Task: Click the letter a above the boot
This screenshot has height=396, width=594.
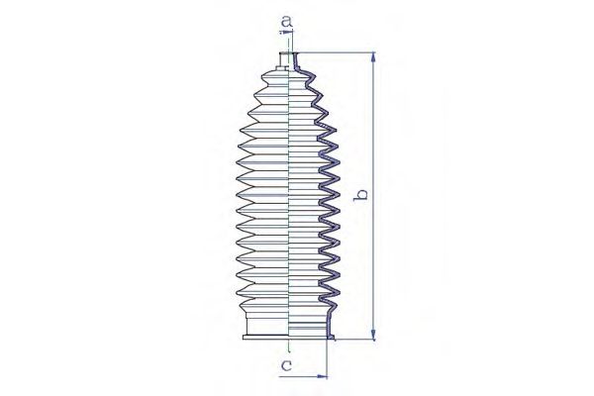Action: coord(287,22)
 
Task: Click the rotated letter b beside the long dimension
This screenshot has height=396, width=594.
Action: coord(361,194)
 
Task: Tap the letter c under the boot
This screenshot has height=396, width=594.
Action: coord(286,365)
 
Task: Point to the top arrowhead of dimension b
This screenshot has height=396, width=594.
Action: coord(373,57)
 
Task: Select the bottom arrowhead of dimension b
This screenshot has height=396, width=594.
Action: coord(373,335)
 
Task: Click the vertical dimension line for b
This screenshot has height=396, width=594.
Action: coord(373,196)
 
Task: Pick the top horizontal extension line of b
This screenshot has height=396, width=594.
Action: coord(335,52)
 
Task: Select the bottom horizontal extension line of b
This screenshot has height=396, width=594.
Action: coord(354,340)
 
